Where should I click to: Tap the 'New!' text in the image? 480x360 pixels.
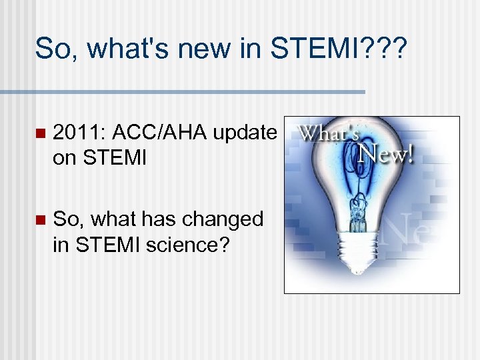coord(387,155)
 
